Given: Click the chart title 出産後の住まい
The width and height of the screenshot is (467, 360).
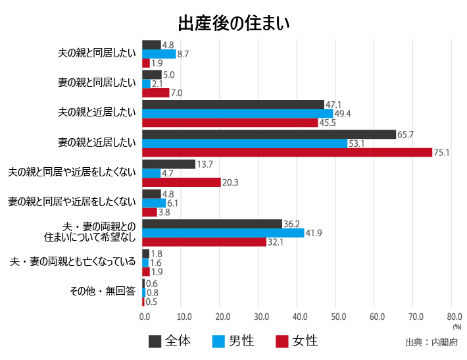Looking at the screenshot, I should point(233,22).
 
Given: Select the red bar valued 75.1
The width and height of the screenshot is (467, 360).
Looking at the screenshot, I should point(287,153).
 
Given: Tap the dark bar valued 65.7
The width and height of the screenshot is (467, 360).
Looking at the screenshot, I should point(269,134).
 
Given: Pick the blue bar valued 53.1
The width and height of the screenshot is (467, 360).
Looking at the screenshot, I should point(245,143).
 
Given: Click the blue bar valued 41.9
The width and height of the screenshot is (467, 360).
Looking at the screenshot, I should point(223,233).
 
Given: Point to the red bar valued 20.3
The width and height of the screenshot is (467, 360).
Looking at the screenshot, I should point(182,182).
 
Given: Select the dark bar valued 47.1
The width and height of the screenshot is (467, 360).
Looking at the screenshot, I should point(233,105).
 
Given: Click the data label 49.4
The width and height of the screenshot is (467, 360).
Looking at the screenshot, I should point(343,114).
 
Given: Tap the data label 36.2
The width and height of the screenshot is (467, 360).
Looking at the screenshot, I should point(292,224).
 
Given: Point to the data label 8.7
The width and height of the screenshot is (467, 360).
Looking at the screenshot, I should point(183,54).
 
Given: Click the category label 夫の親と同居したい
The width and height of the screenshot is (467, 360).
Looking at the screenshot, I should point(97,54).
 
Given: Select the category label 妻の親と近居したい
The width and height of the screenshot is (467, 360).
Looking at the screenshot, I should point(97,143).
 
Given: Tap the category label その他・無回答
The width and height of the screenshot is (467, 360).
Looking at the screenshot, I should point(103,292).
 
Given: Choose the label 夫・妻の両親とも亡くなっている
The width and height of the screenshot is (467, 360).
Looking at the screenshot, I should point(72,262).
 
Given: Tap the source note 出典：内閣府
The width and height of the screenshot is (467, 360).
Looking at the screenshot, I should point(431,342).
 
